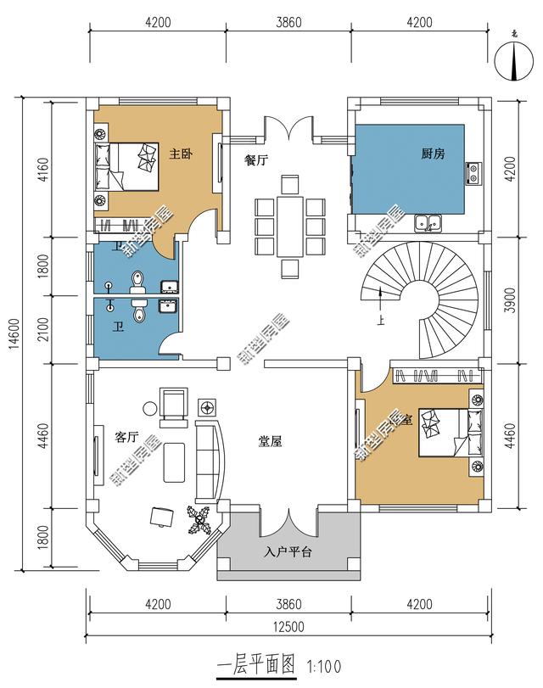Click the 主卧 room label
click(179, 154)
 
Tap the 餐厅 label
click(256, 162)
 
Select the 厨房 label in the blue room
click(433, 154)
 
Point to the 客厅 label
click(126, 438)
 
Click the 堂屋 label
click(270, 441)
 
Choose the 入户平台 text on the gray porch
click(288, 552)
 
